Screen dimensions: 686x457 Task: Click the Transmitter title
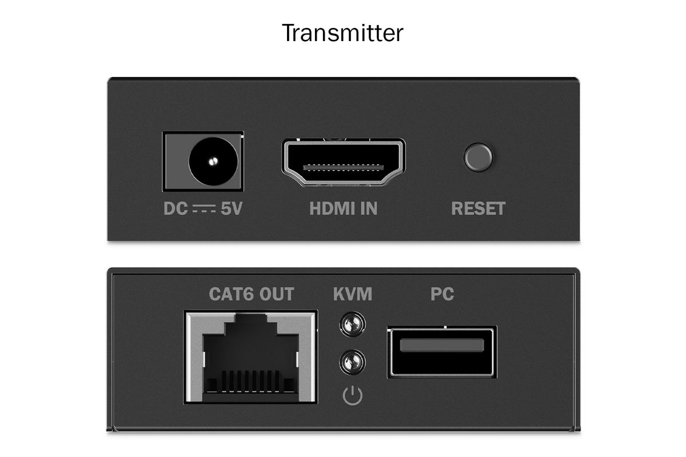[342, 33]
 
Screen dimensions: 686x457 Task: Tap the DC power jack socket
[203, 161]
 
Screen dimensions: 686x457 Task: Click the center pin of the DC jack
[213, 161]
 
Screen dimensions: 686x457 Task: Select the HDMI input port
[344, 163]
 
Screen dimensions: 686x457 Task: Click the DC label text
[176, 209]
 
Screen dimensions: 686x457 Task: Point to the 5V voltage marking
[232, 209]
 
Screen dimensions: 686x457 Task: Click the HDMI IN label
[344, 209]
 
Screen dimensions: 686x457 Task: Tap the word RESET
[478, 209]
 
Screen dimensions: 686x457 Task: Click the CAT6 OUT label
[252, 294]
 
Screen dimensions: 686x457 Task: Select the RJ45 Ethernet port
[250, 357]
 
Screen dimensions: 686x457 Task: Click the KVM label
[353, 294]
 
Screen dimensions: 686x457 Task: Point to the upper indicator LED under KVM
[353, 324]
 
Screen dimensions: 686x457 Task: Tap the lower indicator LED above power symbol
[353, 362]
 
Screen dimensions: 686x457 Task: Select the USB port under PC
[442, 352]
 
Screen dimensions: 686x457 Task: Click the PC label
[442, 294]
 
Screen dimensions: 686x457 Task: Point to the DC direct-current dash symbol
[204, 209]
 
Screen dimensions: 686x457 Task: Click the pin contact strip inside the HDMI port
[344, 167]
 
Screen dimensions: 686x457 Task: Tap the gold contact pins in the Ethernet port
[250, 381]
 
